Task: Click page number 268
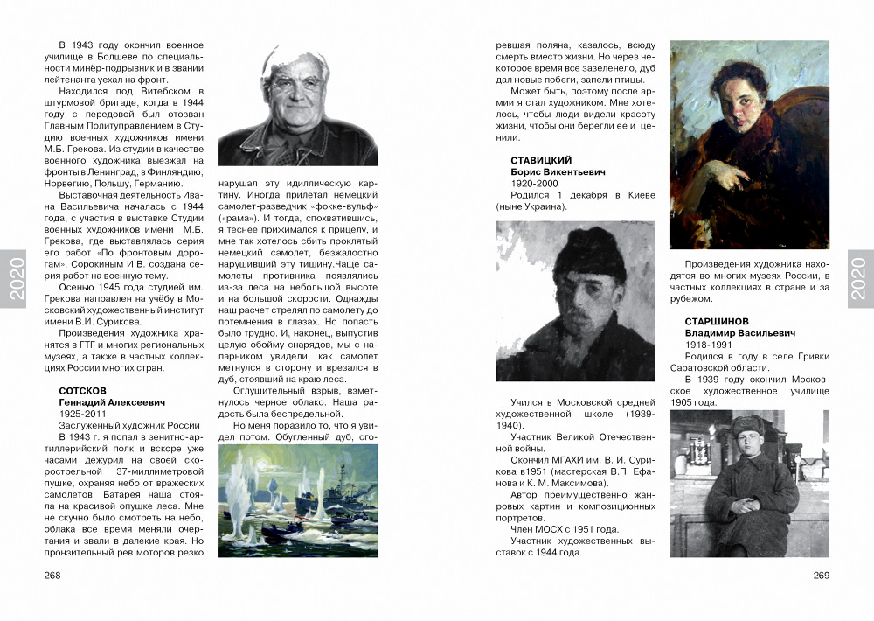[x=52, y=575]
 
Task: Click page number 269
[x=821, y=575]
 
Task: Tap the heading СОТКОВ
[x=82, y=389]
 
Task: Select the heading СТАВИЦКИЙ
[x=541, y=160]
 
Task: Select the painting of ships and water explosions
[x=297, y=500]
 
